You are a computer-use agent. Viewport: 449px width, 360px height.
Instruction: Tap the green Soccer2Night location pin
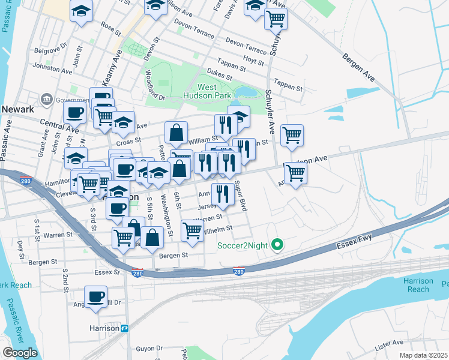point(277,244)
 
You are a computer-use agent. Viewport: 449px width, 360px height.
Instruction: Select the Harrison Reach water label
point(418,285)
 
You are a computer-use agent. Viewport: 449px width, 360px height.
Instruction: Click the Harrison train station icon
point(125,328)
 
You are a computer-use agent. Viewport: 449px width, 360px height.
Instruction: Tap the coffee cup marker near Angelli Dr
point(95,296)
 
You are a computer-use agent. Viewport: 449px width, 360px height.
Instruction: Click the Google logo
point(20,353)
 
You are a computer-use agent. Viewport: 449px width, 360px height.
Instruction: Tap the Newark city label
point(18,109)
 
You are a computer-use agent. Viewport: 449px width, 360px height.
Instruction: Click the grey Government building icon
point(46,98)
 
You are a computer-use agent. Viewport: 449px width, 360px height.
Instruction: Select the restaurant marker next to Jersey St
point(223,193)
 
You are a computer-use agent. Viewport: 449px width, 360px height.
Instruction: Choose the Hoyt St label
point(254,61)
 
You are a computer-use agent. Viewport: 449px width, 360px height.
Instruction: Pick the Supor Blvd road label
point(241,196)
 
